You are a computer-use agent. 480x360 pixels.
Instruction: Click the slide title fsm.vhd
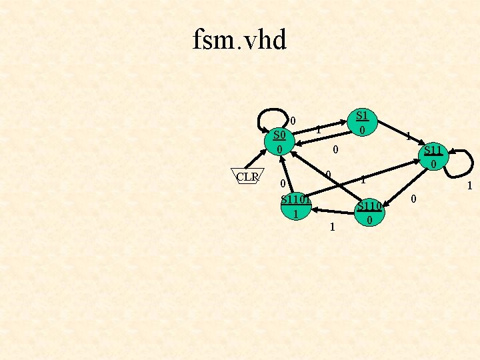239,40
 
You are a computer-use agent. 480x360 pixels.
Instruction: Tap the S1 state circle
361,121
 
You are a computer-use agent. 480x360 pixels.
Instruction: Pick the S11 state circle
433,156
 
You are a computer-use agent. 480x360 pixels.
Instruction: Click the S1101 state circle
295,206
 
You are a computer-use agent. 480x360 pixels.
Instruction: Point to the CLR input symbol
247,177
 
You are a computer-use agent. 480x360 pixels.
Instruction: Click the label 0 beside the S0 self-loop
293,121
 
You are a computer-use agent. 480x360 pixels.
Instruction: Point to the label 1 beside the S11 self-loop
469,187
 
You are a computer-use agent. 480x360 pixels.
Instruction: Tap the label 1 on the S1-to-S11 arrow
408,136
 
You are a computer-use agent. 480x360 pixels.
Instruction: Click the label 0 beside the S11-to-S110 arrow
413,199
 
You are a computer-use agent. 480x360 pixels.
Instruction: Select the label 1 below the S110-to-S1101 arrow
332,228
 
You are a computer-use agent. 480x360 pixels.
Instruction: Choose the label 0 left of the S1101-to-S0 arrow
283,183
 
